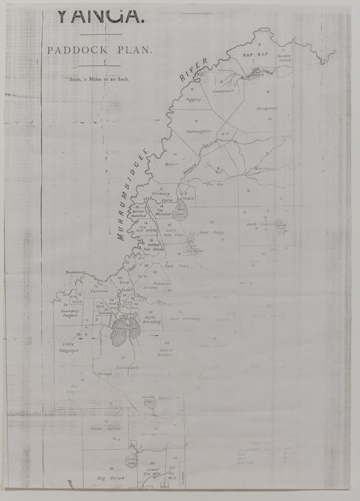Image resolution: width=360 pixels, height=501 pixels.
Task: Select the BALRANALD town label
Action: click(x=76, y=273)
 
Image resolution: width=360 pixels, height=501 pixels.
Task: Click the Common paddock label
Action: click(x=100, y=291)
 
